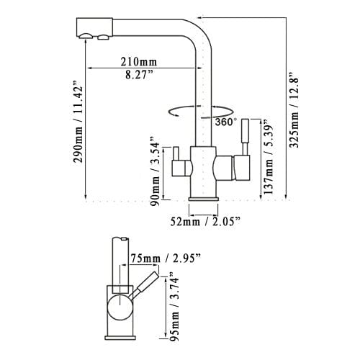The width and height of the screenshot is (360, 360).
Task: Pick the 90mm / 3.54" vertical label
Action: tap(153, 171)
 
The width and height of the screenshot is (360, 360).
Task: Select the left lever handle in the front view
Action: tap(174, 164)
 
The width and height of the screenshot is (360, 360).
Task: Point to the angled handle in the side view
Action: tap(146, 284)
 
